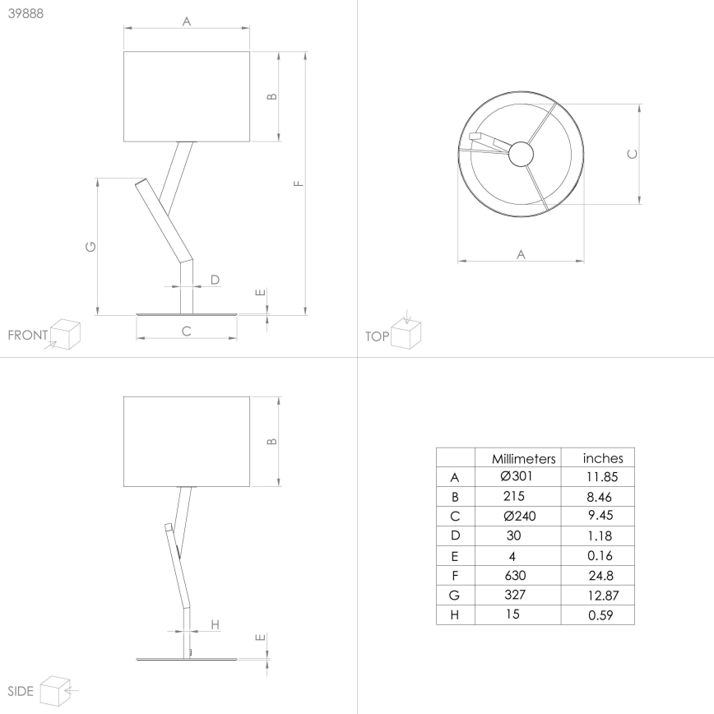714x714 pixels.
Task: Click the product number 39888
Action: [x=25, y=15]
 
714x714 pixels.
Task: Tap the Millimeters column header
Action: [x=524, y=458]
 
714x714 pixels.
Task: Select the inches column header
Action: [x=603, y=458]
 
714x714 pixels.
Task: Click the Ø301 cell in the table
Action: [x=517, y=477]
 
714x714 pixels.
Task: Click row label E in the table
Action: [x=455, y=556]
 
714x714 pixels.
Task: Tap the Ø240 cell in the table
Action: [x=517, y=517]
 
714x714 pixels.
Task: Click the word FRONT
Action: [x=27, y=336]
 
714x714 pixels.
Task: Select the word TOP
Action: [x=376, y=336]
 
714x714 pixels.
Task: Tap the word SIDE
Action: [x=20, y=691]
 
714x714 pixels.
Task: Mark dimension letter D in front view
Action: [x=215, y=280]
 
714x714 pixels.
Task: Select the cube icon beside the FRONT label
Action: [x=65, y=334]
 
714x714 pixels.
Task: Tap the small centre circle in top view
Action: [x=521, y=152]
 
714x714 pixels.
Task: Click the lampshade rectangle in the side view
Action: [x=187, y=441]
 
